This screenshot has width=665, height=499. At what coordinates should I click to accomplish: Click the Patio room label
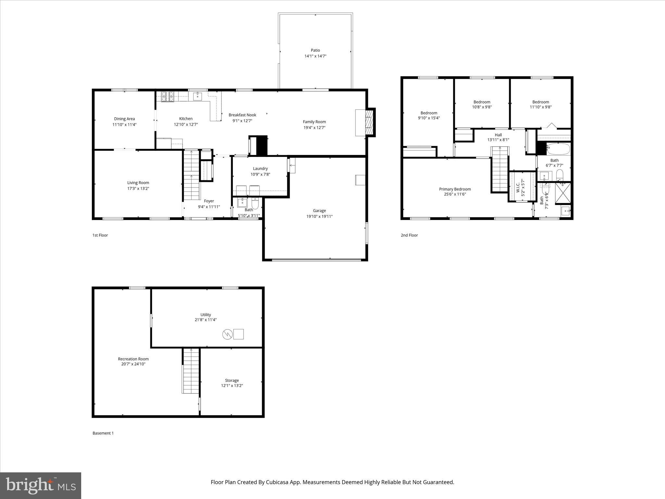click(315, 50)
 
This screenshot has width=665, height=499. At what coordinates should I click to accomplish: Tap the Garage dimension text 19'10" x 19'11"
click(319, 216)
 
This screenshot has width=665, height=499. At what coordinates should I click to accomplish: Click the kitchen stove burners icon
click(168, 96)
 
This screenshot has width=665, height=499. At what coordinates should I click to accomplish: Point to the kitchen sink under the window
click(197, 96)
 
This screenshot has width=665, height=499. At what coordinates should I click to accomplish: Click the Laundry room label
click(260, 169)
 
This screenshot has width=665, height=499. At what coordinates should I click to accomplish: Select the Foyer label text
click(209, 201)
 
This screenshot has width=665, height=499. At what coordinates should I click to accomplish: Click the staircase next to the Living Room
click(191, 175)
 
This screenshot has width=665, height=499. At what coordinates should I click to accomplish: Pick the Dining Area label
click(124, 119)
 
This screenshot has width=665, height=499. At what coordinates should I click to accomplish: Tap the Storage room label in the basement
click(232, 380)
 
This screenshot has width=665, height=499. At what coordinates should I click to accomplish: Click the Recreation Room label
click(133, 359)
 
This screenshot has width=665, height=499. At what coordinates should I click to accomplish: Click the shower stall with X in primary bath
click(563, 193)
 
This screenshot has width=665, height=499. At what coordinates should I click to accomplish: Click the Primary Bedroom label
click(455, 189)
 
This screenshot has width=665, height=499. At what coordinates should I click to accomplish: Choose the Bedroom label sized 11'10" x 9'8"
click(540, 102)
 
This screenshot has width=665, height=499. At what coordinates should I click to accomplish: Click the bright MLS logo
click(41, 485)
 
